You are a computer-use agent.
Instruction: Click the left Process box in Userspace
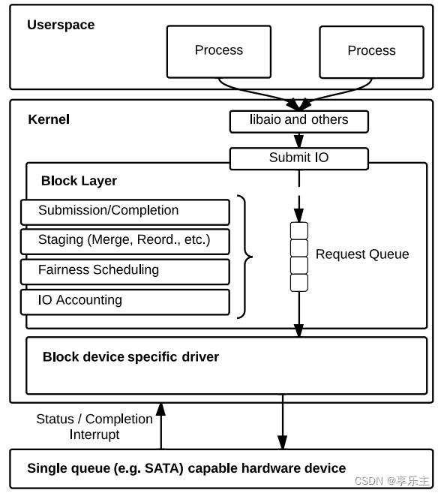click(218, 50)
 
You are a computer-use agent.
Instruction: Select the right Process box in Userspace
click(371, 50)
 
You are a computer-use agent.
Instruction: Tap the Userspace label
click(61, 25)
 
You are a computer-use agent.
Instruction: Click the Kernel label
click(49, 119)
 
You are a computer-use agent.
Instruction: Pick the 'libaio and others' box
click(298, 121)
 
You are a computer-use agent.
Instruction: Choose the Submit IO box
click(298, 158)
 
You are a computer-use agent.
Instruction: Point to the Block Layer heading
click(79, 181)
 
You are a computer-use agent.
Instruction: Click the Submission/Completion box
click(124, 212)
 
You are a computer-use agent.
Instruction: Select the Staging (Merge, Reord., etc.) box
click(124, 241)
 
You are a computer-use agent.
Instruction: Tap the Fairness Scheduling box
click(124, 271)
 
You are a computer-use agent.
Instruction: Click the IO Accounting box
click(124, 301)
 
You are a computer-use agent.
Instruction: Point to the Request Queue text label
click(362, 254)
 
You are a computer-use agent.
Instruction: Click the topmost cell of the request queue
click(298, 230)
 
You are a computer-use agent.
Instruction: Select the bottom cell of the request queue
click(298, 283)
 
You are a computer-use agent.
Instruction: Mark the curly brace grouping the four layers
click(243, 257)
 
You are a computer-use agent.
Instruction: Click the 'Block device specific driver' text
click(130, 357)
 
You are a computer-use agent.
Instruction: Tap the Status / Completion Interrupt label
click(94, 426)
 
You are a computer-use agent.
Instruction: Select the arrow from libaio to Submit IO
click(298, 140)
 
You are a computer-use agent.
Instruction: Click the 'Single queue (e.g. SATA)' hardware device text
click(186, 468)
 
